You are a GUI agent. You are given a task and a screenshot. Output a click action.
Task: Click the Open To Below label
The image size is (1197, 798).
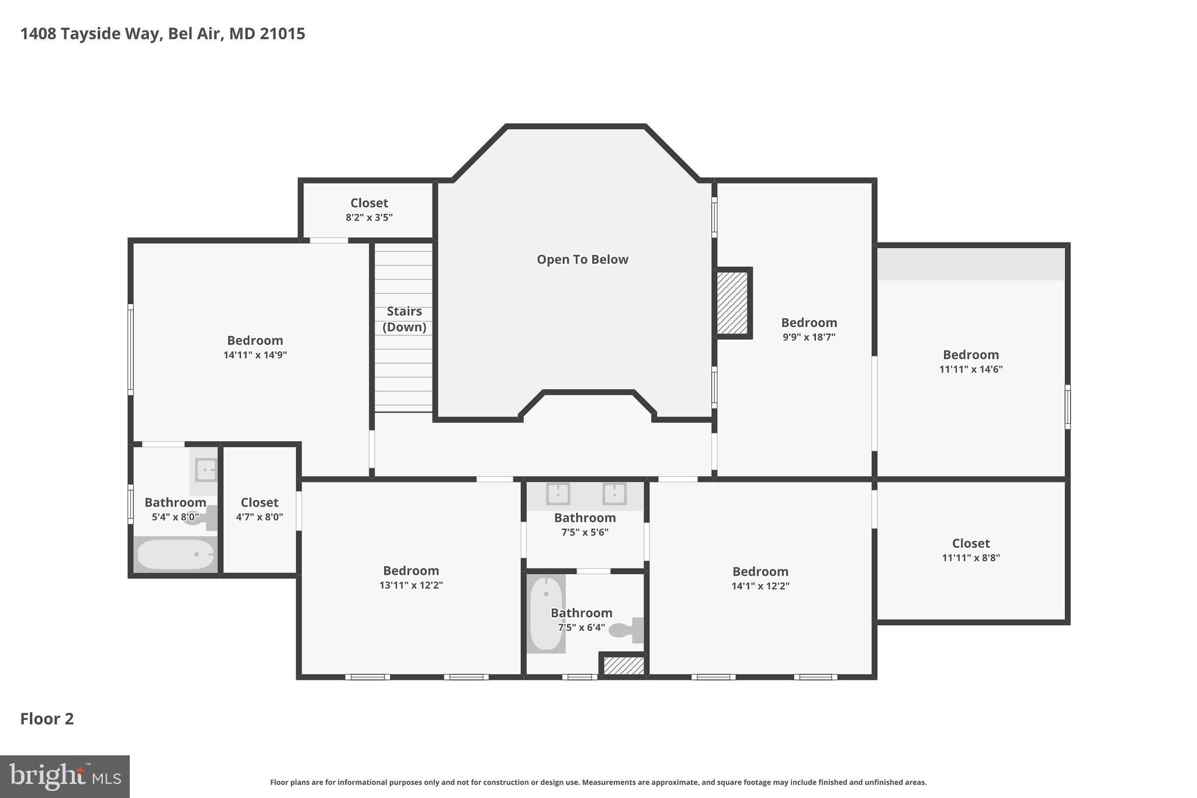[x=582, y=260]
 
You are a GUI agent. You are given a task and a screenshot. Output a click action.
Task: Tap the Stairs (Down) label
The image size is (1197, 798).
[x=404, y=319]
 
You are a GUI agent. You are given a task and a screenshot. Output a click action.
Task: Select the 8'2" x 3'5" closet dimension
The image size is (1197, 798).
[x=369, y=217]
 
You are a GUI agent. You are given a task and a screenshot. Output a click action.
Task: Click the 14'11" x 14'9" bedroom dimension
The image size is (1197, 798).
[x=255, y=355]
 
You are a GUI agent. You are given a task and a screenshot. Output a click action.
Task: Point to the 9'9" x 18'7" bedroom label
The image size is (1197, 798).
[x=809, y=323]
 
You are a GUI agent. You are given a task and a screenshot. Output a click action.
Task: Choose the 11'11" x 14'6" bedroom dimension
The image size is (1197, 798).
[x=971, y=369]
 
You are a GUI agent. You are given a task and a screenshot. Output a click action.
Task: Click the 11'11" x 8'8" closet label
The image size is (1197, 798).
[x=971, y=543]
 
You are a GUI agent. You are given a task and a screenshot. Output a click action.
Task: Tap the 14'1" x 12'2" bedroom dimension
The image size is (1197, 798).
[x=760, y=586]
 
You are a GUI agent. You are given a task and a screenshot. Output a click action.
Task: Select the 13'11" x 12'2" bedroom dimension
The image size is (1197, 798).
[x=411, y=585]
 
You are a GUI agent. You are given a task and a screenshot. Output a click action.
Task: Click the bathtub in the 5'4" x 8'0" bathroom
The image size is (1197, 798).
[x=175, y=554]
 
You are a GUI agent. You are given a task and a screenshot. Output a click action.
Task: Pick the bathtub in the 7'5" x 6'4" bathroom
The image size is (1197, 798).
[x=546, y=614]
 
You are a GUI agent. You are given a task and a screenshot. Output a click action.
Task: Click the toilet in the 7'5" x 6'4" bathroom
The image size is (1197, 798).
[x=624, y=630]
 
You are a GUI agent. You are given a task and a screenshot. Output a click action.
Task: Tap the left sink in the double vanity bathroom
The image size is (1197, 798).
[x=558, y=493]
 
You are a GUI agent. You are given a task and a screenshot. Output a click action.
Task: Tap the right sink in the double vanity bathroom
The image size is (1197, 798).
[x=614, y=493]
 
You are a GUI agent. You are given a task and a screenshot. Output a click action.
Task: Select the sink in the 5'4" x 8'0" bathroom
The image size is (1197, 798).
[x=205, y=469]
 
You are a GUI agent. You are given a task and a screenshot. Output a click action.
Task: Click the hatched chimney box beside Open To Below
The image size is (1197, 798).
[x=732, y=303]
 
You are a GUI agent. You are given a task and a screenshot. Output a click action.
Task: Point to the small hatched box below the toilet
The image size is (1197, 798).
[x=623, y=665]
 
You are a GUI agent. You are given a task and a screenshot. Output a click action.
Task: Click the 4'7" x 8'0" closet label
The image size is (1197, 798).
[x=260, y=503]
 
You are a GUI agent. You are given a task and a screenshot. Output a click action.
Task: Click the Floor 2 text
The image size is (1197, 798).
[x=47, y=718]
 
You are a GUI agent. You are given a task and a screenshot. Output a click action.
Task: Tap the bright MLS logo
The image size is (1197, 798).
[x=64, y=776]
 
